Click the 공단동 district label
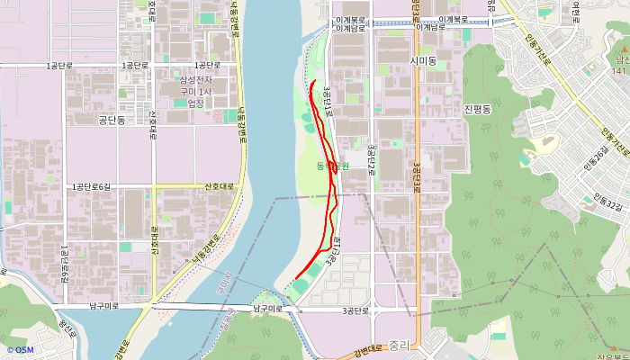point(116,120)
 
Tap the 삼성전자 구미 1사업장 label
point(195,92)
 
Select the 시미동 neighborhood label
point(421,60)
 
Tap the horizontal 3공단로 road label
point(355,310)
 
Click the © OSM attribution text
point(20,349)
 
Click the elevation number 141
point(619,70)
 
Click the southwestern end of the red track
point(296,280)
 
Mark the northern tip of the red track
point(311,82)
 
